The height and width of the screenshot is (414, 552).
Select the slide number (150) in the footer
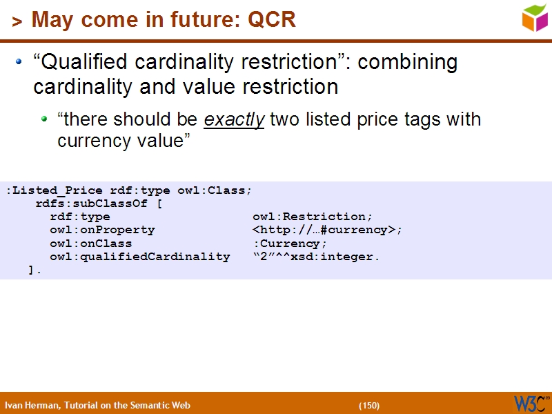coord(369,405)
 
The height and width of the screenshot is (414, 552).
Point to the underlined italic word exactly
coord(234,119)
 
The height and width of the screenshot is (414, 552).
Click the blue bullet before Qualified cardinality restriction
coord(19,63)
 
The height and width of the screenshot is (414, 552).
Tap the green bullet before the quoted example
coord(44,119)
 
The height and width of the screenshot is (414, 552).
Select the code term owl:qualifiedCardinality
coord(139,257)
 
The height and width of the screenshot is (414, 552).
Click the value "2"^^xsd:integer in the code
coord(316,257)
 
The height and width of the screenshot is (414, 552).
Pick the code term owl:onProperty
coord(102,230)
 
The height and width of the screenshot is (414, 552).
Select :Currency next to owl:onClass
coord(290,244)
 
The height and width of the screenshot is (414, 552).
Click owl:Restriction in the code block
coord(313,217)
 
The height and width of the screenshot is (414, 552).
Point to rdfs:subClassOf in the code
coord(91,204)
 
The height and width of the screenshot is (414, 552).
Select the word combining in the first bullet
coord(408,63)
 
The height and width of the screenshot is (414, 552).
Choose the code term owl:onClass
coord(90,244)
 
